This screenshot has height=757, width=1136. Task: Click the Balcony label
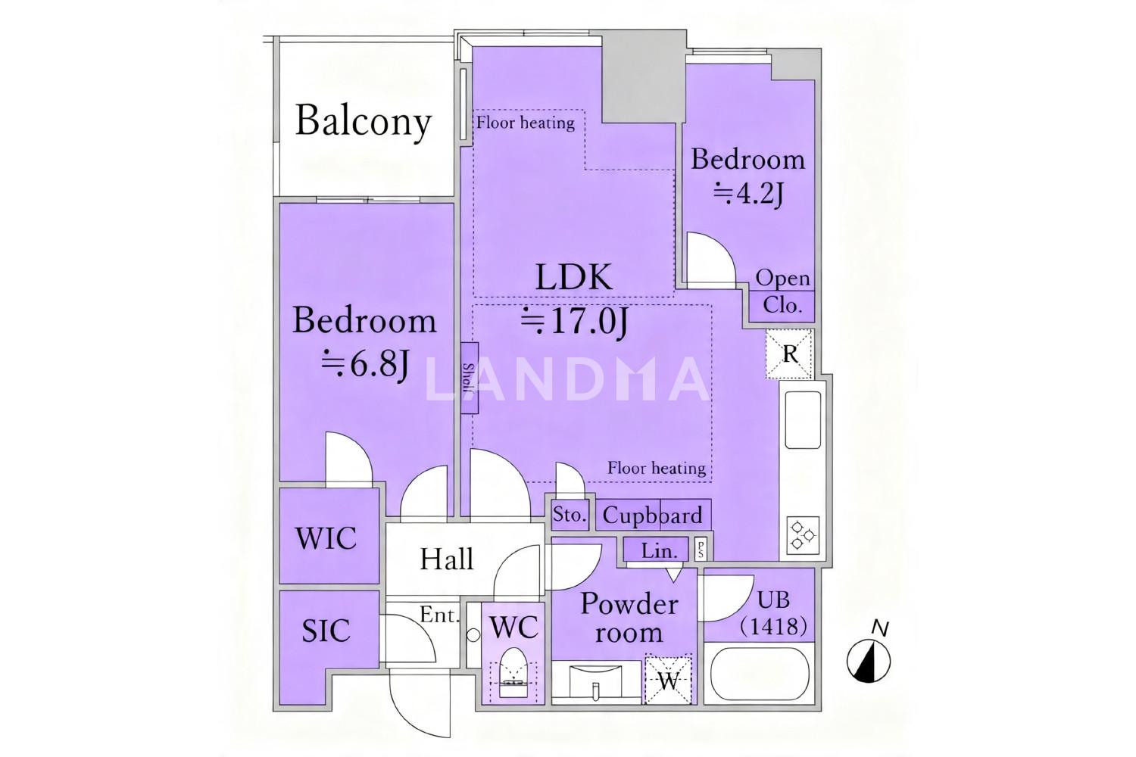(x=363, y=122)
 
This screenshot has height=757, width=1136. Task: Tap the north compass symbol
(x=868, y=660)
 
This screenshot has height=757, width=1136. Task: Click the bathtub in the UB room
(x=760, y=673)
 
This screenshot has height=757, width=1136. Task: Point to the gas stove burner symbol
(x=804, y=535)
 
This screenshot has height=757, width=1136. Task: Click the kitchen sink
(x=803, y=419)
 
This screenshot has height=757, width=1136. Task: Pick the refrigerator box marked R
(x=790, y=354)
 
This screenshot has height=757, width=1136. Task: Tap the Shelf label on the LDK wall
(x=469, y=378)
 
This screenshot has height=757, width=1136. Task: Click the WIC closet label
(x=326, y=538)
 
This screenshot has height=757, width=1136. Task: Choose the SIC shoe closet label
(x=326, y=631)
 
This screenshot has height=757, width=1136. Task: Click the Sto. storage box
(x=570, y=516)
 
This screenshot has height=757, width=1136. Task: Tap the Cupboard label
(x=653, y=516)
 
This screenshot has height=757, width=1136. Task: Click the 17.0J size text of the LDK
(x=576, y=322)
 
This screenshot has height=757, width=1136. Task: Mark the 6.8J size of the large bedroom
(x=366, y=364)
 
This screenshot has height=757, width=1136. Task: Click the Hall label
(x=447, y=559)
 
